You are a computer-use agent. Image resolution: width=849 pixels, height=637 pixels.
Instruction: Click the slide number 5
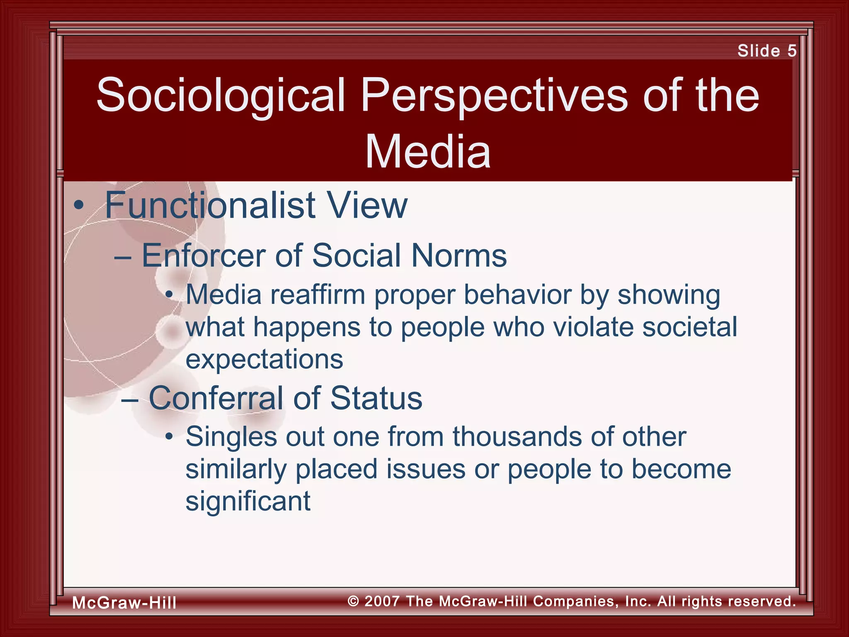click(x=792, y=51)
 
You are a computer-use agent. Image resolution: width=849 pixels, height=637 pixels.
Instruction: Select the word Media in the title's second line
click(x=428, y=152)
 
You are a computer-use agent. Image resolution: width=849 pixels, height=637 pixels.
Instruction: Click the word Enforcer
click(x=204, y=255)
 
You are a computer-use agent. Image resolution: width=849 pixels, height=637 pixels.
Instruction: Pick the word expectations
click(x=264, y=359)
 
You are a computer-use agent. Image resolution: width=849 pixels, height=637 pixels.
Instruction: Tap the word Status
click(x=376, y=398)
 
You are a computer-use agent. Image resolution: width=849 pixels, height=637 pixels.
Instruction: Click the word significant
click(x=247, y=501)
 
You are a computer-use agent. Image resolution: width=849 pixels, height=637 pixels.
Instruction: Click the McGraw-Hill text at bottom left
click(x=124, y=603)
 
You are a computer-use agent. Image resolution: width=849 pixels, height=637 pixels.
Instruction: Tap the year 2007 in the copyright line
click(x=382, y=601)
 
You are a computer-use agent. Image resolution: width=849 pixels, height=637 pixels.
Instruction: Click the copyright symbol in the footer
click(x=353, y=601)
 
